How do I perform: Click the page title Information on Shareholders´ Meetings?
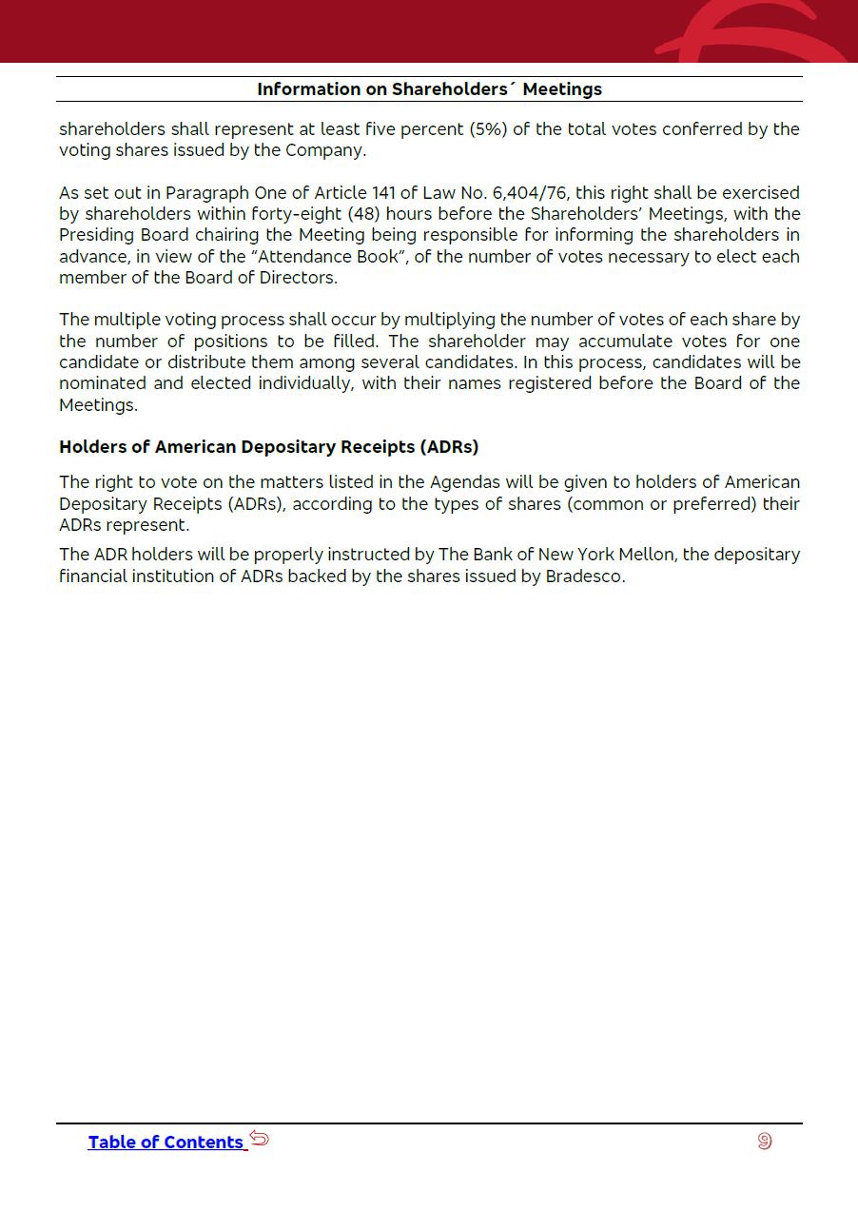point(429,89)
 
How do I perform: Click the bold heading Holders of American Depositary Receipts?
point(268,447)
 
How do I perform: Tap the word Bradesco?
point(584,576)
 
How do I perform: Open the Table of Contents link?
point(166,1143)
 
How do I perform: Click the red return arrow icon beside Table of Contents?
point(260,1139)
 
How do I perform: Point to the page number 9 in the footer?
point(765,1141)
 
